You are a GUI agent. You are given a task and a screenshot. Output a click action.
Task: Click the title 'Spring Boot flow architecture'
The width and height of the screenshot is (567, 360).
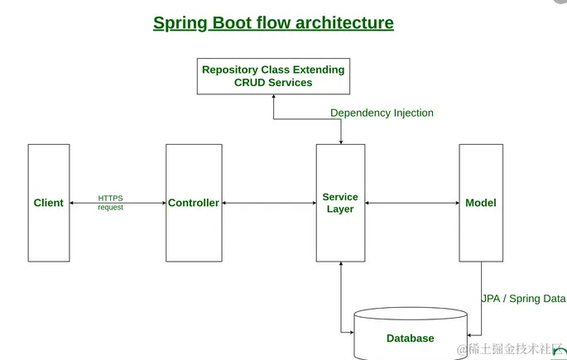(273, 23)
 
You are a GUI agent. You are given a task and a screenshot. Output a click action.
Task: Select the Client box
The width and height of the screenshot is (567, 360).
(49, 203)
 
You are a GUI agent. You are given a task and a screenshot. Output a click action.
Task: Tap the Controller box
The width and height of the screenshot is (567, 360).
(194, 203)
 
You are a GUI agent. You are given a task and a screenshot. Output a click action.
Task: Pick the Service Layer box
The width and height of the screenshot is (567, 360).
(340, 203)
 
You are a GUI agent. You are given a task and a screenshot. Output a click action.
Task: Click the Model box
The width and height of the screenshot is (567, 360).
(481, 203)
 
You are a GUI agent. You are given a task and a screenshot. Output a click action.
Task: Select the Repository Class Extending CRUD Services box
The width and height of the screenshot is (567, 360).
(273, 76)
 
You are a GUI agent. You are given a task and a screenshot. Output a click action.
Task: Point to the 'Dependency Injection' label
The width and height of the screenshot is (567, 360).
(382, 113)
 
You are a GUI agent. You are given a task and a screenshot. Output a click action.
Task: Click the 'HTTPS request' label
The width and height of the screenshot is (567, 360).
(111, 203)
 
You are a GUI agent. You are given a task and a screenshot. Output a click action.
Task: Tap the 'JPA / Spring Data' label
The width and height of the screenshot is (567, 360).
(523, 298)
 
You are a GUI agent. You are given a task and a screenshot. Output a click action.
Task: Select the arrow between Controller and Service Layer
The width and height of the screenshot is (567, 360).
(269, 203)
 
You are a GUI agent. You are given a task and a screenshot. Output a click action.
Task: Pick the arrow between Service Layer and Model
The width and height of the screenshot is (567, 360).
(411, 203)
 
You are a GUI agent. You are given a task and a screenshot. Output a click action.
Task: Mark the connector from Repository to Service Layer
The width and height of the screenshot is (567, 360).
(306, 119)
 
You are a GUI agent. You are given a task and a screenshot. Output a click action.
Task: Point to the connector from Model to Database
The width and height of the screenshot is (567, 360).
(481, 298)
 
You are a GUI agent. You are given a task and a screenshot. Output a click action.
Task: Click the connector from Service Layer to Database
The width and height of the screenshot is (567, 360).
(340, 298)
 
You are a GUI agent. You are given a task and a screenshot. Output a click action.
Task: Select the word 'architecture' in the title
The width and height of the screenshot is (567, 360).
(348, 23)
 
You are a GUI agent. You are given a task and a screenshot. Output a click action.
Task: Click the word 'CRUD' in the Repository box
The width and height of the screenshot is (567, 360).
(240, 83)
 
